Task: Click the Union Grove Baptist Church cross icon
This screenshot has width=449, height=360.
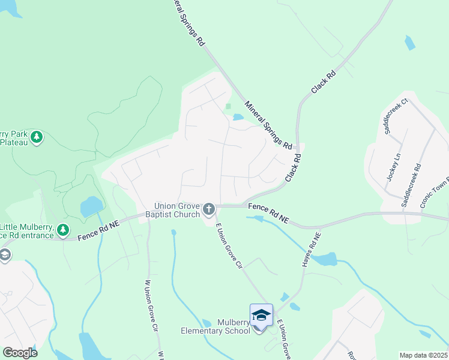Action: [209, 209]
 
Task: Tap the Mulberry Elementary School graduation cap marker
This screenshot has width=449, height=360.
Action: [261, 316]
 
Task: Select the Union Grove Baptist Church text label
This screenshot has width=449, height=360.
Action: [177, 210]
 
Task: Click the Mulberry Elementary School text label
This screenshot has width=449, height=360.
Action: [216, 326]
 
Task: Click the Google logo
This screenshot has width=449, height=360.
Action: [20, 352]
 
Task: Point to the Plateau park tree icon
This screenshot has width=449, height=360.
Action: [37, 137]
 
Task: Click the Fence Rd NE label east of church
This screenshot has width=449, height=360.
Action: [268, 214]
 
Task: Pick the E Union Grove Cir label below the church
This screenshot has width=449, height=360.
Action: [229, 246]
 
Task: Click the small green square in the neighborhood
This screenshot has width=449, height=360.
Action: [228, 107]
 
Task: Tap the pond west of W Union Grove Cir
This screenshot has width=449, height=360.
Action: [91, 206]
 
